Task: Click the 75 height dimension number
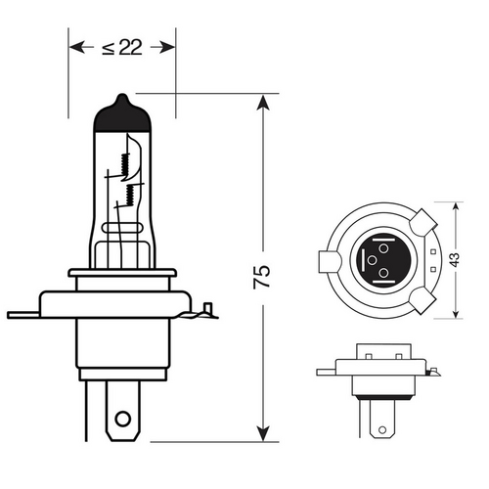(x=261, y=276)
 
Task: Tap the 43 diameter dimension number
(x=453, y=260)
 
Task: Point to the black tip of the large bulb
(x=121, y=110)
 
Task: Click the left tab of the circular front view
(x=327, y=262)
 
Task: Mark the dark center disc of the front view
(x=377, y=261)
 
